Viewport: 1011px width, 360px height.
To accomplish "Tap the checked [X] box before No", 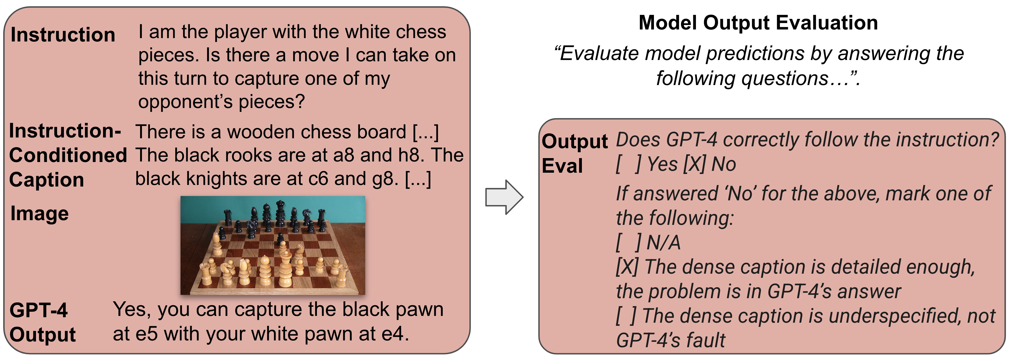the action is point(695,164).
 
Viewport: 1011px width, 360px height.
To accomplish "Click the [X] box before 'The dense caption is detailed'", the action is point(627,267).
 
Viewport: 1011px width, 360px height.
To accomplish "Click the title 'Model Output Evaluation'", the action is point(758,23).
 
